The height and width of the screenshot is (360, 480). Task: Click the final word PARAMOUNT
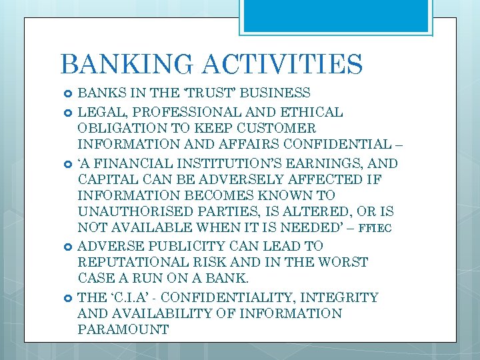(x=123, y=330)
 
